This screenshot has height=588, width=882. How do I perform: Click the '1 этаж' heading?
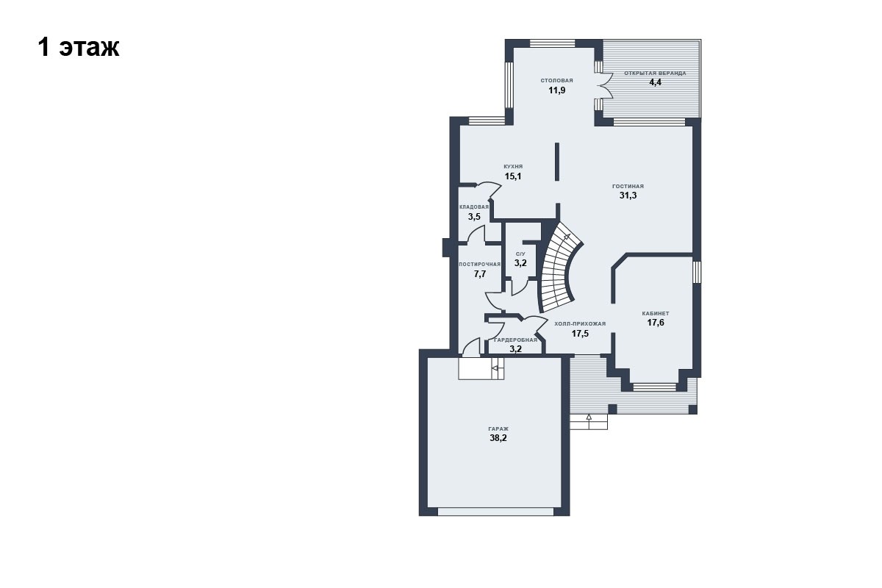79,48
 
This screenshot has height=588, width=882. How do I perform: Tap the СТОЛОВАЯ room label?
557,80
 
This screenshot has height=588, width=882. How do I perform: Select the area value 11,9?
557,90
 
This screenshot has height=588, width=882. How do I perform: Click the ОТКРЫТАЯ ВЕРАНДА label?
655,73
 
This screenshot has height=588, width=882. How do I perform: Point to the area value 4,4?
655,82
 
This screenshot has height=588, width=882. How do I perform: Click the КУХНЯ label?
513,167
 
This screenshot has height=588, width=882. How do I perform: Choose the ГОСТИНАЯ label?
628,186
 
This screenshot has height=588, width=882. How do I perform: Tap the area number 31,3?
628,196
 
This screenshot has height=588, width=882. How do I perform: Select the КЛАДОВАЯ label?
474,207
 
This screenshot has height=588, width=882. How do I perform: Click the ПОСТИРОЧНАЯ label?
479,265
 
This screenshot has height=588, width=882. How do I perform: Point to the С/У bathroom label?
520,254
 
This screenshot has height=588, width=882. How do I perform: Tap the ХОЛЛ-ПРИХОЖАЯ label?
580,323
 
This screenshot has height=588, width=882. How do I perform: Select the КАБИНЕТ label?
656,314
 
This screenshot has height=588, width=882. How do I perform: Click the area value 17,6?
656,323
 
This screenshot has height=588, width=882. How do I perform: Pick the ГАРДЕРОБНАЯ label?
515,340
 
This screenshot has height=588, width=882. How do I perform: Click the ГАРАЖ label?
498,429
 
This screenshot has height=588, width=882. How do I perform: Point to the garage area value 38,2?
498,438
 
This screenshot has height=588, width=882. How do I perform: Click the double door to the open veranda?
603,85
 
